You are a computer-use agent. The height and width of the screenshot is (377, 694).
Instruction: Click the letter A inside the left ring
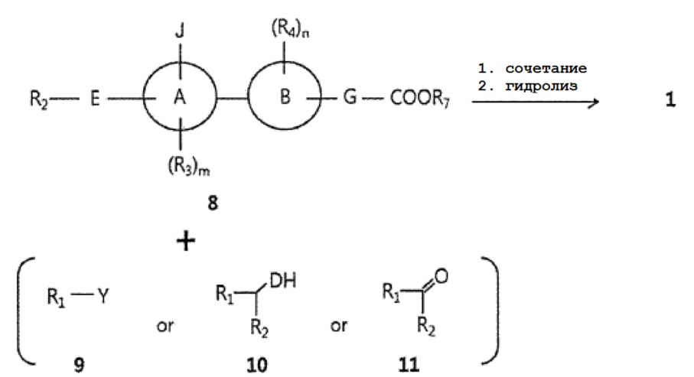tap(179, 96)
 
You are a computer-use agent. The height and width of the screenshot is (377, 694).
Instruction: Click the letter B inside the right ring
tap(285, 96)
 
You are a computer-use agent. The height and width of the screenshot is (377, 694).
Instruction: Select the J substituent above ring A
tap(180, 31)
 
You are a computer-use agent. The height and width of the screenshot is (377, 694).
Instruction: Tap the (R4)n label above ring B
tap(290, 29)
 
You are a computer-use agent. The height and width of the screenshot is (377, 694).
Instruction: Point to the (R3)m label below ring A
tap(188, 167)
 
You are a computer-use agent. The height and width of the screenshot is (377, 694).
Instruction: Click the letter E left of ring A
tap(95, 99)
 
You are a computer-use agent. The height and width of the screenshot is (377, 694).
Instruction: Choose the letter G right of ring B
tap(350, 97)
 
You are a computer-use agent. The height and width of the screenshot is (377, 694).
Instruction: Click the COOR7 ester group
tap(419, 98)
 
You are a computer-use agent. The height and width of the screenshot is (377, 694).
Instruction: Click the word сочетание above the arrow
tap(546, 69)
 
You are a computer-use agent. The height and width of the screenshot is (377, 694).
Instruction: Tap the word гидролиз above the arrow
tap(541, 86)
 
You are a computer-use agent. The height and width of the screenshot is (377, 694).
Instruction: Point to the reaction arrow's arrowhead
tap(594, 102)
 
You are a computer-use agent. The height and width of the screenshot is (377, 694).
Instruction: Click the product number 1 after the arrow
tap(670, 99)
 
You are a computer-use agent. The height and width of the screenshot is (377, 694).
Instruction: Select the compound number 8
tap(213, 203)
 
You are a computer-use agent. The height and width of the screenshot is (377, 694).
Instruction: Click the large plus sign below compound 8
tap(186, 242)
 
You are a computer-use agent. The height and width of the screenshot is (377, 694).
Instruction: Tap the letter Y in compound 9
tap(103, 296)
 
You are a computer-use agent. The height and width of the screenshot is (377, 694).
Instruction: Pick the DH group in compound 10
tap(282, 281)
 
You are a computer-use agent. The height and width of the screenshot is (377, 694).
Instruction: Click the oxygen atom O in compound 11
tap(441, 276)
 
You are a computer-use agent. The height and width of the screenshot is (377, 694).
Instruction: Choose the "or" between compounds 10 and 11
tap(339, 327)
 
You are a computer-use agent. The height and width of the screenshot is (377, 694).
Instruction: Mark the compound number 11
tap(409, 365)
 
